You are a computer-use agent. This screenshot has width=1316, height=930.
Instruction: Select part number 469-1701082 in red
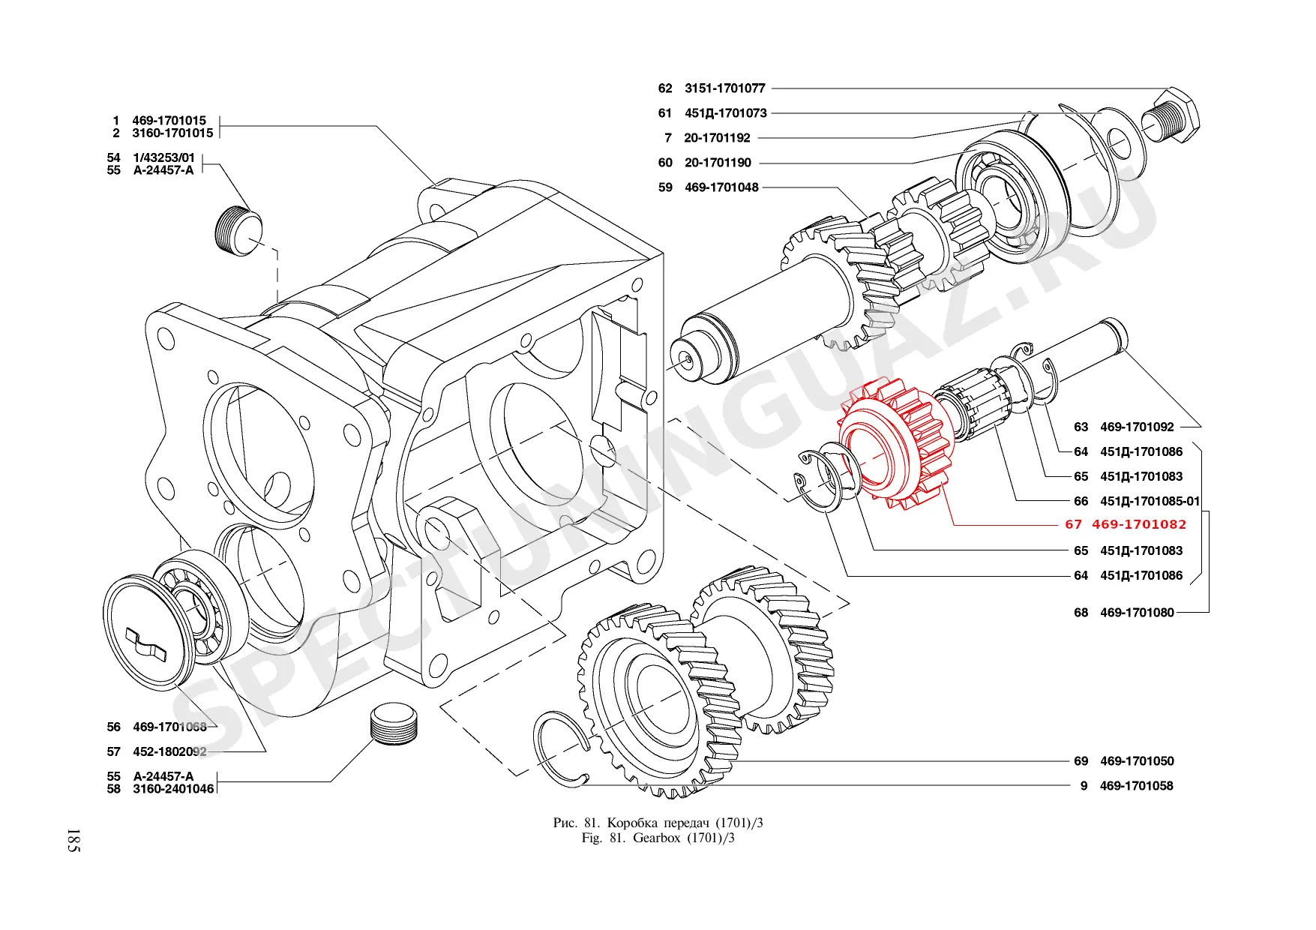point(1139,524)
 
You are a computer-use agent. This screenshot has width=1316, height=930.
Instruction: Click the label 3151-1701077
point(724,88)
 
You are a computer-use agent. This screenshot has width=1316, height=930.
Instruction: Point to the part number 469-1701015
point(169,120)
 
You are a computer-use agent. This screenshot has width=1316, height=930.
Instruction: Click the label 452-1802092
point(169,751)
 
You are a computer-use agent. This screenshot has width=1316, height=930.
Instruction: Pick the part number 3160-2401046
point(173,789)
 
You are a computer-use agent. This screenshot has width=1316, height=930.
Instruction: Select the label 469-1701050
point(1137,761)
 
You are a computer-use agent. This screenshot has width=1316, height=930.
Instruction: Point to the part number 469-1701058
point(1136,786)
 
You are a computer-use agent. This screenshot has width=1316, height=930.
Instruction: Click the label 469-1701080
point(1137,613)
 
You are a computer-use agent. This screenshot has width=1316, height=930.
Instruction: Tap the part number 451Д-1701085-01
point(1150,501)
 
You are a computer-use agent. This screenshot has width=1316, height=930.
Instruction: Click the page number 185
point(73,840)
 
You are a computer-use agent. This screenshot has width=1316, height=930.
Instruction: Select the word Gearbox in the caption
point(656,838)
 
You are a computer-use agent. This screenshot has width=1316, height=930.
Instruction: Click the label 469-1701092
point(1137,427)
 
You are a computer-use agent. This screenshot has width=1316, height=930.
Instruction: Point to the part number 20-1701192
point(717,138)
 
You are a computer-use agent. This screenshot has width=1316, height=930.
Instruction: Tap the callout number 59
point(665,187)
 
